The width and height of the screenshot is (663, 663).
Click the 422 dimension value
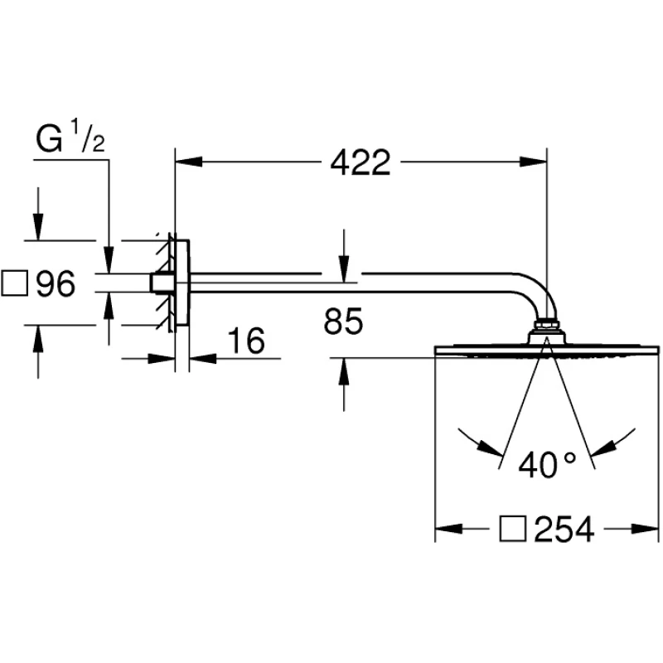(360, 163)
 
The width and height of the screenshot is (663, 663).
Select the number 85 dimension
(343, 322)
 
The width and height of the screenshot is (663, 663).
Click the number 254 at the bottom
(564, 529)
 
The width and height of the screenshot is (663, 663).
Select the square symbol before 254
(512, 529)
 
